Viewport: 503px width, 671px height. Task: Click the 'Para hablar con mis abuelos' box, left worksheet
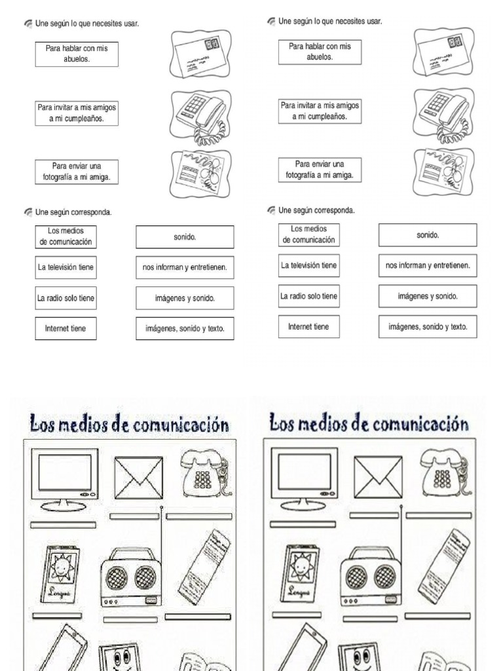77,54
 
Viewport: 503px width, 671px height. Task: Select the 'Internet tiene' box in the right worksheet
308,326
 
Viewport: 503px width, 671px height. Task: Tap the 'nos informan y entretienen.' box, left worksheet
185,267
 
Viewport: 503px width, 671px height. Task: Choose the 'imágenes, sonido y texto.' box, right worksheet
428,326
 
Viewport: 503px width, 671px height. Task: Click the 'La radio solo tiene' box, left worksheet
65,298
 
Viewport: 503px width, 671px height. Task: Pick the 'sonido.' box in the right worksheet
428,235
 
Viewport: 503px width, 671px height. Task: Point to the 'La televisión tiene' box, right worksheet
308,265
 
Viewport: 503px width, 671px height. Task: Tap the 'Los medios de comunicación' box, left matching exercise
65,237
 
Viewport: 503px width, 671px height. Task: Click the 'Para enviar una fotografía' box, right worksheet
320,170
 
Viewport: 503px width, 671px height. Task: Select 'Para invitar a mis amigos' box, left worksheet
77,113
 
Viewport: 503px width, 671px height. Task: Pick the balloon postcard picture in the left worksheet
200,173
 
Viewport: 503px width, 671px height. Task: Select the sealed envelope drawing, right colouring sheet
378,477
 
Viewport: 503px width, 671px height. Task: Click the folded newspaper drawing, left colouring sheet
205,567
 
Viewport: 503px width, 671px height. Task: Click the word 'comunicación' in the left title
181,426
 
